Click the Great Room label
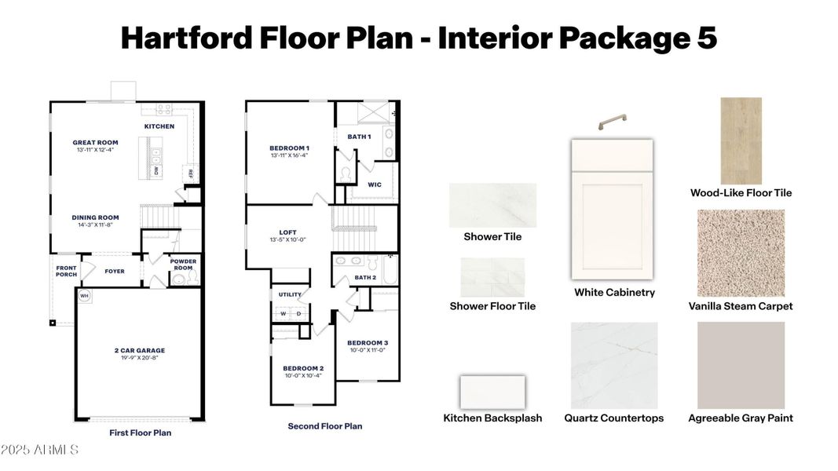(95, 143)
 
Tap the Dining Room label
(95, 217)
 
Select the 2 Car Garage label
(140, 351)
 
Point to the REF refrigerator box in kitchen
(189, 174)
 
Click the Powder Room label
(184, 265)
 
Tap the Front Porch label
(66, 271)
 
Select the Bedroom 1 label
(289, 148)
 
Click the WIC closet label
(375, 185)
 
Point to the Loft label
(287, 232)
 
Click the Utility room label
(291, 294)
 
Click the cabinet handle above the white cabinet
(612, 122)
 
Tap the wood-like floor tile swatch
(741, 141)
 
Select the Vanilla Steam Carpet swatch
(741, 253)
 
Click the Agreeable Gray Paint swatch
(741, 365)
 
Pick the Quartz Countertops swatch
(613, 365)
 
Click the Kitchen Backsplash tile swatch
(492, 392)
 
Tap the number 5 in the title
(704, 37)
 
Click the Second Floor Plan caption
(325, 426)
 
